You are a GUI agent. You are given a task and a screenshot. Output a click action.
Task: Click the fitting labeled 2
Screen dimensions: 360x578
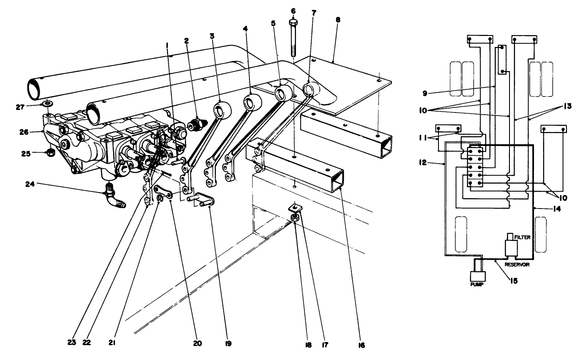[x=195, y=125]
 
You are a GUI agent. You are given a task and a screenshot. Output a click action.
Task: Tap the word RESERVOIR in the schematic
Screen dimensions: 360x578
[x=517, y=264]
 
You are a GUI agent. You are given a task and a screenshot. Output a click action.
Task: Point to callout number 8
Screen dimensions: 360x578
[x=338, y=19]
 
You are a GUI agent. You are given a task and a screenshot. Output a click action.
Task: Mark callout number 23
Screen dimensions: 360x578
[x=72, y=343]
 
